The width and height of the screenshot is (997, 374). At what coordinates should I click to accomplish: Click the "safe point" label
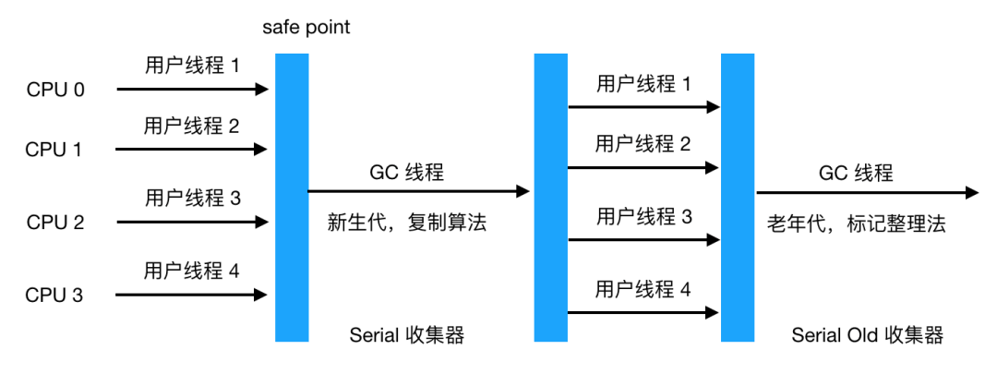point(306,28)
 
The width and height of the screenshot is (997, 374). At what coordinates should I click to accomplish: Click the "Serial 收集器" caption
point(407,335)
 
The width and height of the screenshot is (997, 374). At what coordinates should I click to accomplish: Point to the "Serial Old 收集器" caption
point(867,335)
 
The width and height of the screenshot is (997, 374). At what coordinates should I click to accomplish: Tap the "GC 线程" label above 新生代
point(407,172)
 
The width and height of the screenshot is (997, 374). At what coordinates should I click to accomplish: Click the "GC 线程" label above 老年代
point(856,173)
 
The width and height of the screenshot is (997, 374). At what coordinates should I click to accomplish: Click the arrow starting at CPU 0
point(191,90)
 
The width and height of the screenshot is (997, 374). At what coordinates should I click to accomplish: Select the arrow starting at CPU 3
point(191,295)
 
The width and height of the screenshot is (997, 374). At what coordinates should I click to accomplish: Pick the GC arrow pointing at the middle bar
point(418,192)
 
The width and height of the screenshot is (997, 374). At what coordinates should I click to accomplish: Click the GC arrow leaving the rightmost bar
point(867,193)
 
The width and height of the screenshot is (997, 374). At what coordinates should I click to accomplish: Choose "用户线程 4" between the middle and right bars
point(643,289)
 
